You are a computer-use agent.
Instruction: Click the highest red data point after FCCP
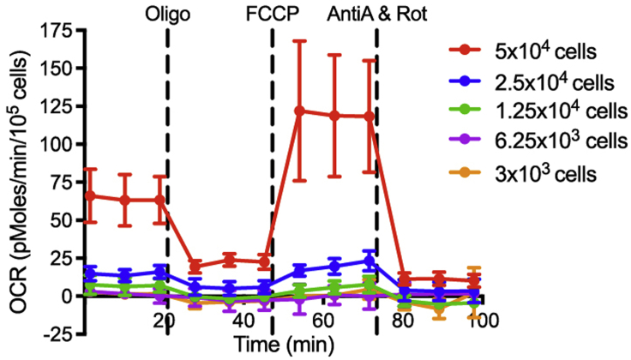[x=300, y=111]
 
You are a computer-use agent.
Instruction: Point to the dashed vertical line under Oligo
[x=166, y=171]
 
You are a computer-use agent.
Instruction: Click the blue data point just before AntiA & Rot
[x=368, y=261]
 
